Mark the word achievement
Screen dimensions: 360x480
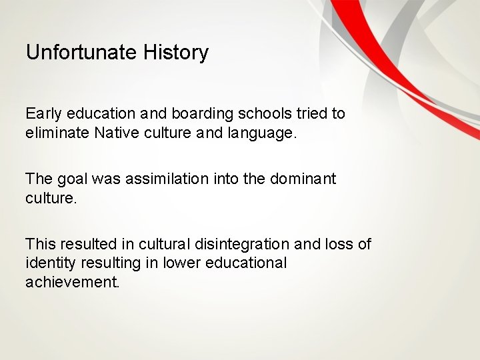tap(72, 281)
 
